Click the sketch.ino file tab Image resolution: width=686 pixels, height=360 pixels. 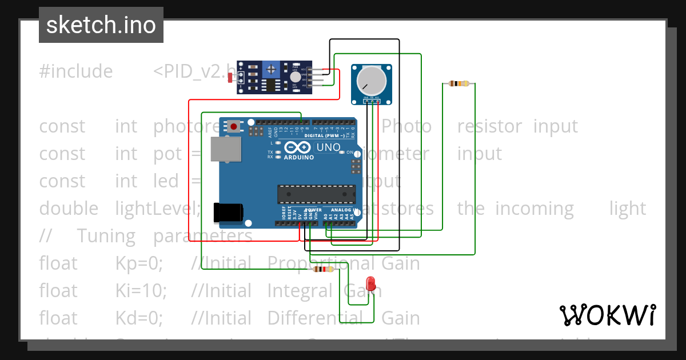[101, 25]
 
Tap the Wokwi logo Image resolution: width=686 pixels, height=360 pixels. [607, 315]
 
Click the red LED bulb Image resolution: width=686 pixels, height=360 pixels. [371, 282]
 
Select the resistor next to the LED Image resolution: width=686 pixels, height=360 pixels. [324, 269]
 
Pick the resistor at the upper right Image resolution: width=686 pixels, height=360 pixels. [459, 84]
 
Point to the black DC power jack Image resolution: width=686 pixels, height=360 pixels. [227, 212]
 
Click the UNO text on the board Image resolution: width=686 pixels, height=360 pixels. [328, 147]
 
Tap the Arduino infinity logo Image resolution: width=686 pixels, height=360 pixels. [296, 147]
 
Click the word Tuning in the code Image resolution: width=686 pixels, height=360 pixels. [106, 236]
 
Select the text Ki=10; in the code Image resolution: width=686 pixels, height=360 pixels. [141, 291]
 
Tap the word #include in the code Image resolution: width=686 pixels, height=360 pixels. [76, 71]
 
